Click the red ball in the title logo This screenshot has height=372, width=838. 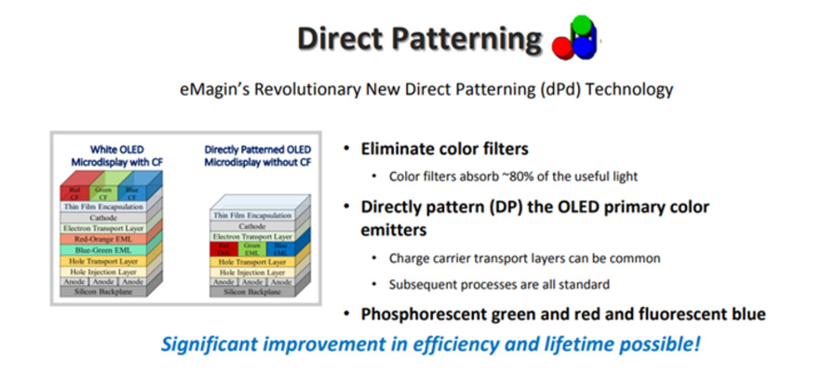tap(564, 44)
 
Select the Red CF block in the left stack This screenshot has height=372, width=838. tap(74, 192)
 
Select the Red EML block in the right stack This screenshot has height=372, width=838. tap(224, 249)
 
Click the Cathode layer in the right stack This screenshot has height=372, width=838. tap(251, 225)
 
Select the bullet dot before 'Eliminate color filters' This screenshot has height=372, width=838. tap(347, 149)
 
